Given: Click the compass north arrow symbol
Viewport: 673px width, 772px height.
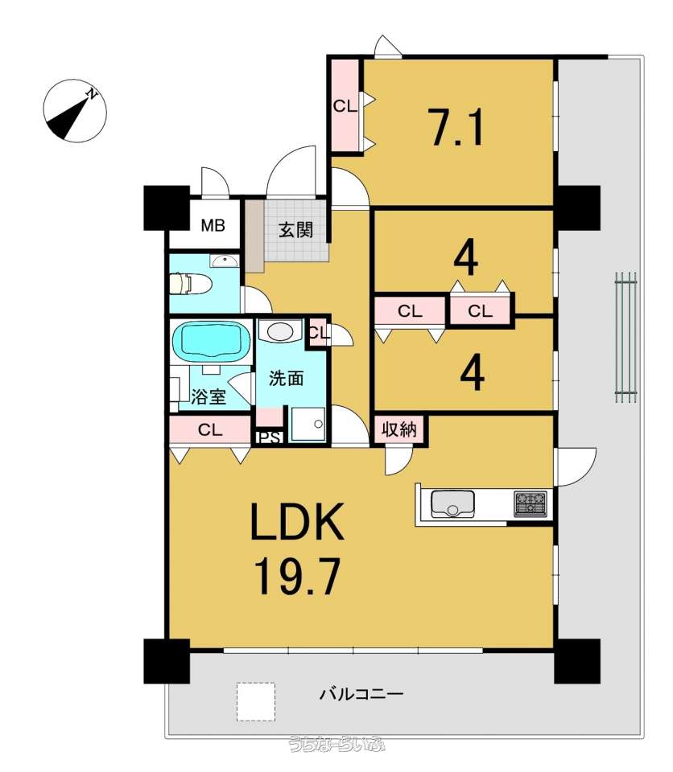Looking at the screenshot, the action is click(75, 111).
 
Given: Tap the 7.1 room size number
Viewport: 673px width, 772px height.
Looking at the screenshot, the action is click(457, 127).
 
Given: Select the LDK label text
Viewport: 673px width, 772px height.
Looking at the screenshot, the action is click(297, 521).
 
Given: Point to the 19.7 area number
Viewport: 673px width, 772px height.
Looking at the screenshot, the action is click(297, 577).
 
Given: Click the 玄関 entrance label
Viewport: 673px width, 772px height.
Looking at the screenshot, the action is click(295, 229).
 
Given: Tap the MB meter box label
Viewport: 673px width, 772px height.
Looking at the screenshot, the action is click(213, 225).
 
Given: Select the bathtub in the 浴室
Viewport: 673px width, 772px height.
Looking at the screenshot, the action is click(212, 340).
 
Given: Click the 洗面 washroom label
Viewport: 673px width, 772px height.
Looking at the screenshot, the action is click(286, 378).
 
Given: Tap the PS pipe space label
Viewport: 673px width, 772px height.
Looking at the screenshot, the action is click(270, 437).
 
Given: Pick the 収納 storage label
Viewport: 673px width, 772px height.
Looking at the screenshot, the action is click(399, 429).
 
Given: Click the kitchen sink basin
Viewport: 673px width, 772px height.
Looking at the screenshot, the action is click(452, 503).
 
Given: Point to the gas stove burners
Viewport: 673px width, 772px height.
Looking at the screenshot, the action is click(531, 503).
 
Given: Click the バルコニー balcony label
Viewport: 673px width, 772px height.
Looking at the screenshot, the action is click(361, 694).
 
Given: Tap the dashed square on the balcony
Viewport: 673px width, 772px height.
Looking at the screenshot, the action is click(255, 701).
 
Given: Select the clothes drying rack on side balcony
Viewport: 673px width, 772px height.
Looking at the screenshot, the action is click(626, 337).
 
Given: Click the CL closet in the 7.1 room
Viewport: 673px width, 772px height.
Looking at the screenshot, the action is click(345, 105).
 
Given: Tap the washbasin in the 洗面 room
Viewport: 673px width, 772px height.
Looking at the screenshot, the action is click(279, 331).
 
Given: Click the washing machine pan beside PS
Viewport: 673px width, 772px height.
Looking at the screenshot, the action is click(308, 424).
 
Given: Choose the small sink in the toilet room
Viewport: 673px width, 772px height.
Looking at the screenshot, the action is click(225, 260).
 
